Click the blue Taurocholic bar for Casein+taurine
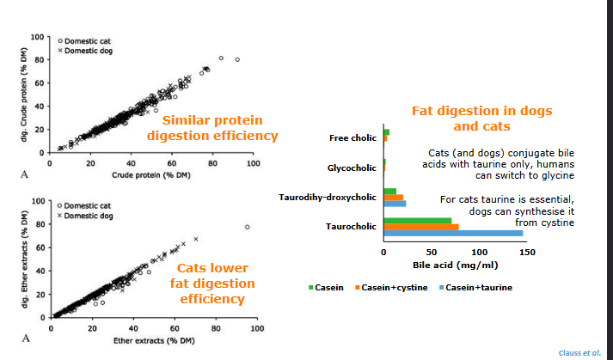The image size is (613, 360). pos(452,233)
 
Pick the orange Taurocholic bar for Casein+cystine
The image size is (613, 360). pos(420,227)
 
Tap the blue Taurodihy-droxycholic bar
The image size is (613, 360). pos(395,204)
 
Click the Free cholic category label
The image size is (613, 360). pos(352,137)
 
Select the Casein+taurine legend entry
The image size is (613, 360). pos(475,286)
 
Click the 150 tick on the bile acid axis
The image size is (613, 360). pos(528,252)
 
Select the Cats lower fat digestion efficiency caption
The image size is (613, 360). pos(216,284)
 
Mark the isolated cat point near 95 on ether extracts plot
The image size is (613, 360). pos(248,227)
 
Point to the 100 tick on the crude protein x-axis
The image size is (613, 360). pos(253,162)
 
